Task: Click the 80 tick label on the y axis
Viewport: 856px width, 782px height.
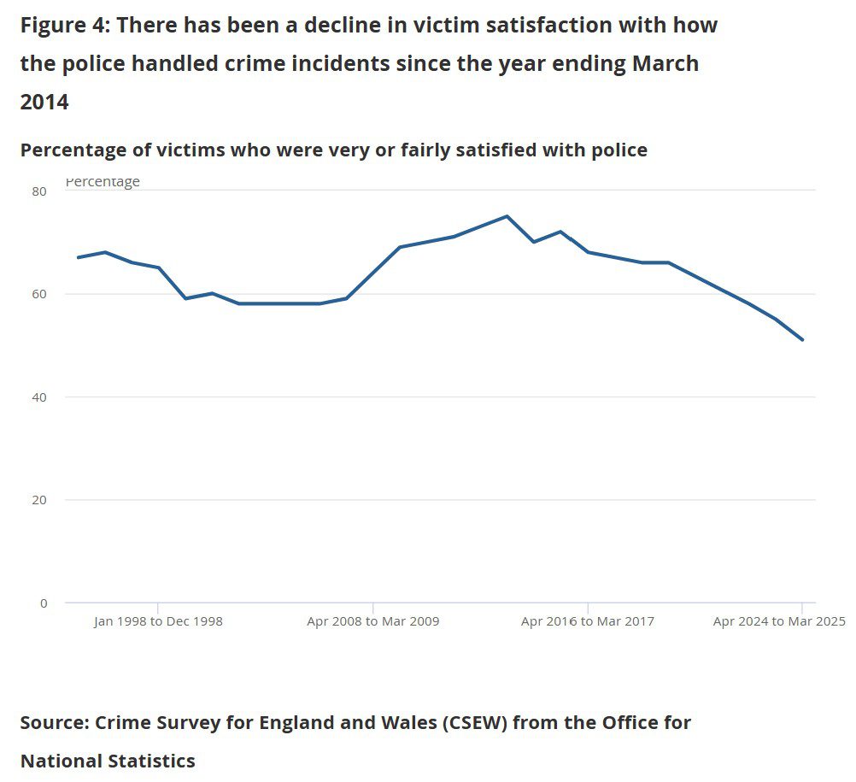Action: [x=39, y=191]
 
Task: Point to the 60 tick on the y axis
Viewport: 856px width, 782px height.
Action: [x=39, y=294]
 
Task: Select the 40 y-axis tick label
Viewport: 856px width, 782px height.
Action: [x=39, y=397]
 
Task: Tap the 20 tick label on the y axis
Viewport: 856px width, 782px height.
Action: [x=39, y=500]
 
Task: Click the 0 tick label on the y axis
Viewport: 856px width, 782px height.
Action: [x=44, y=603]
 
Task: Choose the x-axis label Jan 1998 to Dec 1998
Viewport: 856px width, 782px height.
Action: [x=158, y=621]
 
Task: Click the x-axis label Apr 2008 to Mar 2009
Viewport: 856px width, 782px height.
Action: [x=373, y=621]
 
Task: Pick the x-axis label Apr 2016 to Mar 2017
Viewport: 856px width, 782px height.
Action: [x=588, y=621]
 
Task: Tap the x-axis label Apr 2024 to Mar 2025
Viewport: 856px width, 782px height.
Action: [x=779, y=621]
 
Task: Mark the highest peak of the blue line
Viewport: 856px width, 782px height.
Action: [x=507, y=216]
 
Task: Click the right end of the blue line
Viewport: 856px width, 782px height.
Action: [x=802, y=340]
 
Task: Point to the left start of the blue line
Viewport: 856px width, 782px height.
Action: [x=78, y=257]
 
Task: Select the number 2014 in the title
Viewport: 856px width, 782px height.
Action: [x=44, y=103]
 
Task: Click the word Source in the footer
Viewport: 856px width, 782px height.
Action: [x=54, y=723]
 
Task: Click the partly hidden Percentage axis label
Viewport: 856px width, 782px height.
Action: [x=103, y=182]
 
